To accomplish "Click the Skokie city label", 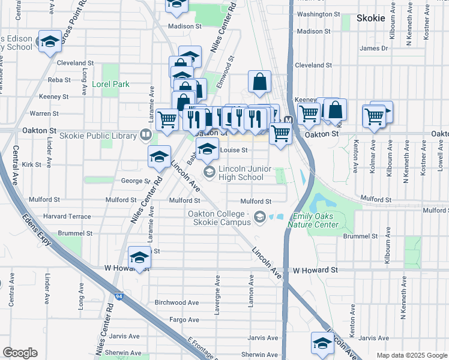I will tap(370, 18).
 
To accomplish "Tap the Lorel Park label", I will tap(110, 85).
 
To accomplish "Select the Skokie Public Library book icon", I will tap(145, 135).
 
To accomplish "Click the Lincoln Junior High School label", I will tap(241, 173).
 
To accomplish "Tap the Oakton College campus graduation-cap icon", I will tap(260, 217).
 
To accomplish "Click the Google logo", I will tap(20, 353).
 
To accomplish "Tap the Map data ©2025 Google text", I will tap(411, 355).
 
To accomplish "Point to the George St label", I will tap(135, 181).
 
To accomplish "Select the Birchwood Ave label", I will tap(176, 303).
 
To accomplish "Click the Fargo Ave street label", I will tap(184, 320).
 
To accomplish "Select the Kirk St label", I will tap(31, 164).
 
